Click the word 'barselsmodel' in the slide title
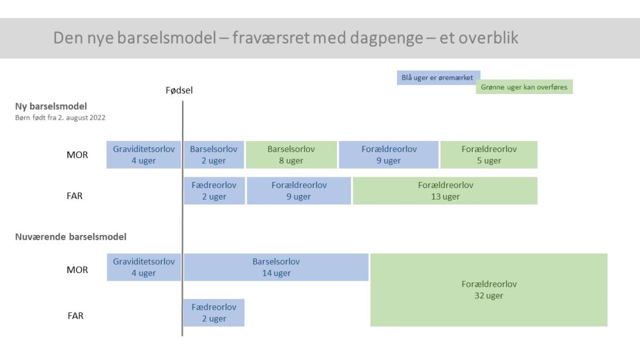[x=167, y=38]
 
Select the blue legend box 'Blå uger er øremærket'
[x=439, y=78]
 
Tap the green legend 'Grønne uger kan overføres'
[x=524, y=87]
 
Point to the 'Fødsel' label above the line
[x=179, y=90]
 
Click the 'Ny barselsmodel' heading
[x=51, y=106]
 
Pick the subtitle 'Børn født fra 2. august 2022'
[x=60, y=117]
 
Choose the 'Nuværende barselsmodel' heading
[x=70, y=237]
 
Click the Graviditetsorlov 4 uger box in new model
[x=144, y=154]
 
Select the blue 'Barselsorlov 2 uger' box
[x=214, y=154]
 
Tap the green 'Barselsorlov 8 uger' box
[x=291, y=154]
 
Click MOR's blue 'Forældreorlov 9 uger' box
[x=389, y=154]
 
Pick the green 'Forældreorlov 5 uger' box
[x=489, y=154]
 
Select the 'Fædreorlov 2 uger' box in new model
[x=214, y=191]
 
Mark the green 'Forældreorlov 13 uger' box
[x=445, y=191]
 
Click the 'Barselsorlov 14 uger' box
[x=277, y=267]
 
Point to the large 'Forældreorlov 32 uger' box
[x=489, y=290]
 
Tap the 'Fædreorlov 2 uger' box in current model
[x=214, y=312]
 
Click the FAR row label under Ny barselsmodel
[x=75, y=196]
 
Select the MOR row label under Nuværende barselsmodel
[x=77, y=270]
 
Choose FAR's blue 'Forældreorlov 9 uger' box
[x=299, y=191]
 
